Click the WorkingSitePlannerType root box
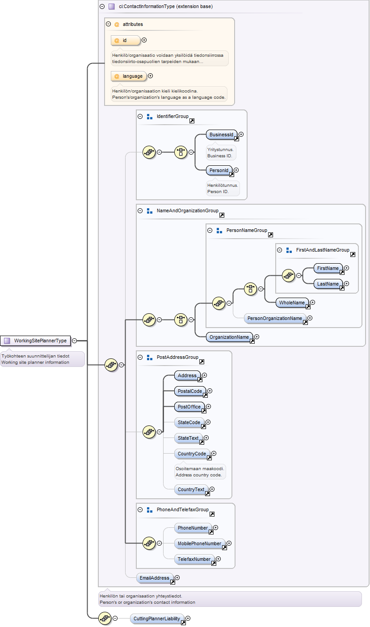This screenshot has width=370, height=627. tap(35, 341)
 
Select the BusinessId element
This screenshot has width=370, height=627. tap(221, 135)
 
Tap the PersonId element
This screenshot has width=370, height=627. tap(219, 170)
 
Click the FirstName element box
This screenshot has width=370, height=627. tap(328, 268)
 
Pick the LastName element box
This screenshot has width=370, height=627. tap(328, 284)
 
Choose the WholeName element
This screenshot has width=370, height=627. tap(292, 303)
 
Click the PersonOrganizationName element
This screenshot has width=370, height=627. tap(275, 318)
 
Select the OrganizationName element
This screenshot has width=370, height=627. tap(229, 337)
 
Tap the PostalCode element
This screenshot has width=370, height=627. tap(190, 391)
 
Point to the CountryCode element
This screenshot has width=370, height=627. tap(192, 454)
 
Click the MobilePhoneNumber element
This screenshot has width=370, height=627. tap(200, 543)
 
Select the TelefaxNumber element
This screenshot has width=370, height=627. tap(194, 559)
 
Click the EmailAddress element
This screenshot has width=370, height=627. tap(155, 578)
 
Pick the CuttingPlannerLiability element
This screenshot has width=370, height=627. tap(157, 619)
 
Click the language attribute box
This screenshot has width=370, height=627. tap(129, 76)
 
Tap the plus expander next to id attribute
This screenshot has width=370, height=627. tap(144, 40)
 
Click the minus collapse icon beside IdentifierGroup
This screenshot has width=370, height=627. tap(140, 117)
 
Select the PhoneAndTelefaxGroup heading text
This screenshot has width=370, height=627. tap(182, 510)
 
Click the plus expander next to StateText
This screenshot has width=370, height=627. tap(206, 438)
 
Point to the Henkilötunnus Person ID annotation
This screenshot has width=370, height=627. tap(223, 189)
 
